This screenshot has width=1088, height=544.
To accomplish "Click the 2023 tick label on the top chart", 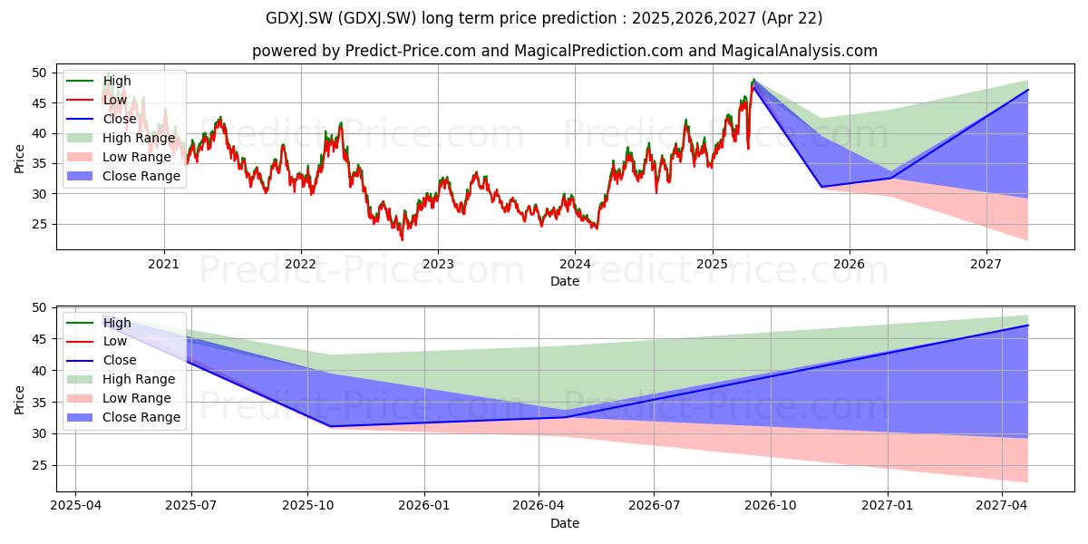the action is (438, 264).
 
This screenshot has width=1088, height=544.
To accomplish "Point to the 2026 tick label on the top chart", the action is (849, 264).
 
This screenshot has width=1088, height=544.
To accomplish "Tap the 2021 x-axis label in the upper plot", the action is (164, 264).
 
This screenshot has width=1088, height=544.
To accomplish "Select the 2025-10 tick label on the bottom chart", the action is (308, 506).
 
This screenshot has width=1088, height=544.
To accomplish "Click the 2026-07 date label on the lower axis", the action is (654, 506).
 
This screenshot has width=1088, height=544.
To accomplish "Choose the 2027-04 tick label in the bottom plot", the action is (1002, 506).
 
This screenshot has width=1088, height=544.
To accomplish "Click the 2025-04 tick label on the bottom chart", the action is (76, 506).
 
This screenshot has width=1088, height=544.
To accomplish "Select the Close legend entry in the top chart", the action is (120, 119).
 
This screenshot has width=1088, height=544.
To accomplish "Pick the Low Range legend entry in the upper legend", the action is (137, 157).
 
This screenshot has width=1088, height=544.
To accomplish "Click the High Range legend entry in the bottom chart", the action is (139, 379).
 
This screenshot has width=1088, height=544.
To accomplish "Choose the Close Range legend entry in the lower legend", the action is (141, 417).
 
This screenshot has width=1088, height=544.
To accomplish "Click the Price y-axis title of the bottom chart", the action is (19, 400).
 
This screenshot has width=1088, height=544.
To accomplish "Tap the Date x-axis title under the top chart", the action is (565, 281).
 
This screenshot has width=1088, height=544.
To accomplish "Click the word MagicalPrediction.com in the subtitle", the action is (599, 51).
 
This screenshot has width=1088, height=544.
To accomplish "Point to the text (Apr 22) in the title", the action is (792, 18).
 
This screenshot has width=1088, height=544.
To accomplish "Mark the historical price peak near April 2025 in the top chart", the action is (753, 79).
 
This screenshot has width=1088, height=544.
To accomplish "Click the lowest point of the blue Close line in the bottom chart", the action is (330, 426).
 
